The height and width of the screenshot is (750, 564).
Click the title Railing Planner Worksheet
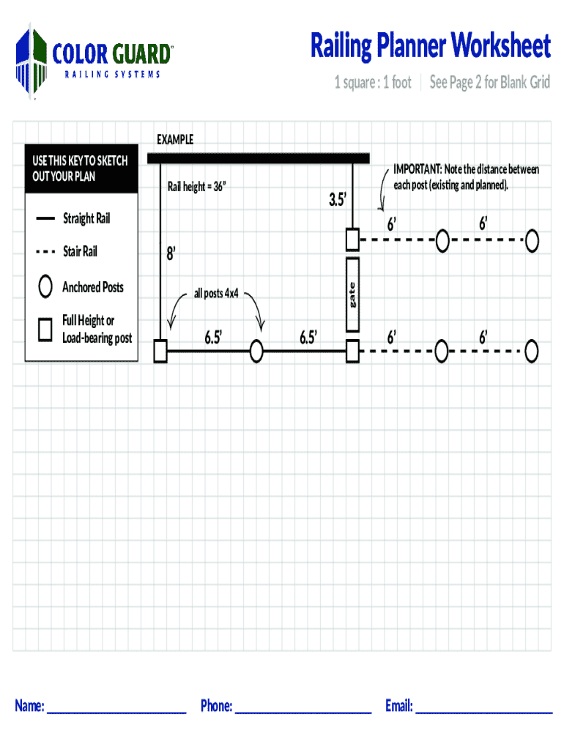[x=430, y=46]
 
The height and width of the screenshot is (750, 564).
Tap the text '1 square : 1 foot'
[x=373, y=83]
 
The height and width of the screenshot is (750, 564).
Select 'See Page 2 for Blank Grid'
[x=489, y=83]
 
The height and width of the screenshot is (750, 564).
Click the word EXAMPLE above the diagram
[x=175, y=140]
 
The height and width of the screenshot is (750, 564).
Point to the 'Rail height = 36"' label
[x=197, y=187]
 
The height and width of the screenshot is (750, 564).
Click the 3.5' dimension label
[x=336, y=199]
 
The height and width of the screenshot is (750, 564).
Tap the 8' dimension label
[x=171, y=254]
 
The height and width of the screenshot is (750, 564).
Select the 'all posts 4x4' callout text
[x=216, y=294]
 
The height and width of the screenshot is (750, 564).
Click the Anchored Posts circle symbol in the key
[x=45, y=286]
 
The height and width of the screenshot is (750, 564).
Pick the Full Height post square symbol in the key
[x=45, y=329]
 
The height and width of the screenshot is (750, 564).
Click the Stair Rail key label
[x=80, y=252]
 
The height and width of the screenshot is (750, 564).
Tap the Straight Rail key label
[x=86, y=218]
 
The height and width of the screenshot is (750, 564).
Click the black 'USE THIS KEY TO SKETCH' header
[x=81, y=168]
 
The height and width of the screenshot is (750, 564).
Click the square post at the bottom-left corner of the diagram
[x=160, y=352]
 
